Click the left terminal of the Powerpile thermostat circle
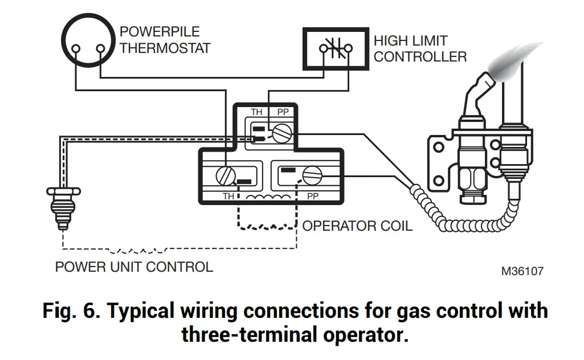(x=75, y=48)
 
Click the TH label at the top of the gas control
(x=257, y=112)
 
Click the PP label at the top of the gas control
(x=283, y=112)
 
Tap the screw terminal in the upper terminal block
(x=280, y=134)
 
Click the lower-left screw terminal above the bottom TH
(x=224, y=176)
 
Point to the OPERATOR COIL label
(x=357, y=226)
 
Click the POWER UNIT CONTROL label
(x=134, y=267)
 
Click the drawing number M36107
(x=522, y=271)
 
